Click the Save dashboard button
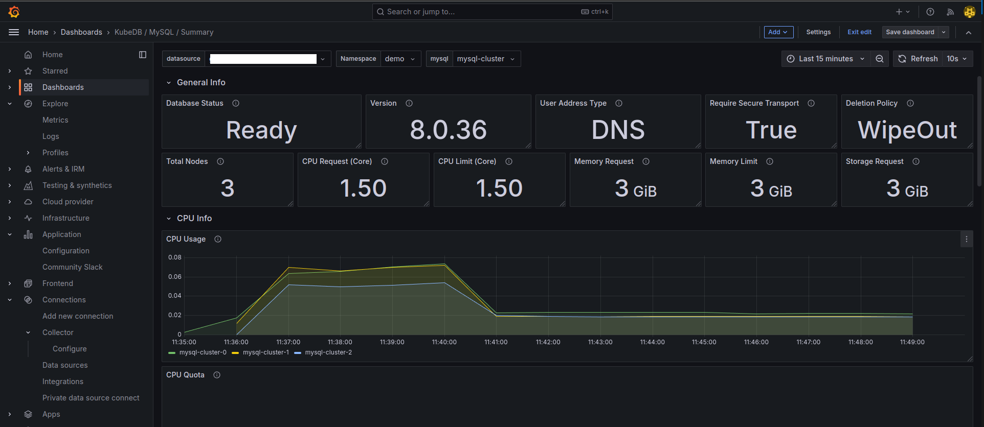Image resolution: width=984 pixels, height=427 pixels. (x=909, y=32)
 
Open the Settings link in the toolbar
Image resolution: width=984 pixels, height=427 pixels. (x=818, y=32)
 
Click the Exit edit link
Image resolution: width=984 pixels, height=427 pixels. (x=859, y=32)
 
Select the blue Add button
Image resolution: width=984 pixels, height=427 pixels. (x=778, y=32)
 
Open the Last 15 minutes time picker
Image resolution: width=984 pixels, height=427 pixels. (x=825, y=59)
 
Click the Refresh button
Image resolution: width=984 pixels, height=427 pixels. (x=919, y=59)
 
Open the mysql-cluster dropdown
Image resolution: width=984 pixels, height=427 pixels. (x=485, y=59)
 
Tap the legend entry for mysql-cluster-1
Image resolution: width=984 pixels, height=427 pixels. (x=265, y=352)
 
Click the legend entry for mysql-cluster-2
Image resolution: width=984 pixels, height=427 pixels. (x=328, y=352)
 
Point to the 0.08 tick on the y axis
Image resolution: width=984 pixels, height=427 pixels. (x=175, y=257)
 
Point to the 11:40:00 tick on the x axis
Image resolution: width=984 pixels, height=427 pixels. (x=444, y=342)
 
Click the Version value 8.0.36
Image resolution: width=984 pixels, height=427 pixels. (x=448, y=130)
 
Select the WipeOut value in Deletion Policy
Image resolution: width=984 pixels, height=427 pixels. (x=907, y=130)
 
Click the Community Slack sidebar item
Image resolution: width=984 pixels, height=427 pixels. (x=72, y=267)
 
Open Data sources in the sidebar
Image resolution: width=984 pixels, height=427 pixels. (x=65, y=365)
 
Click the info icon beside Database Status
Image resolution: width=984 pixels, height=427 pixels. (x=236, y=103)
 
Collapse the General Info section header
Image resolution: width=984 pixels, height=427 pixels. (x=200, y=82)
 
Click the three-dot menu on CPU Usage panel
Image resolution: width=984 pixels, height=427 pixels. (x=966, y=239)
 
